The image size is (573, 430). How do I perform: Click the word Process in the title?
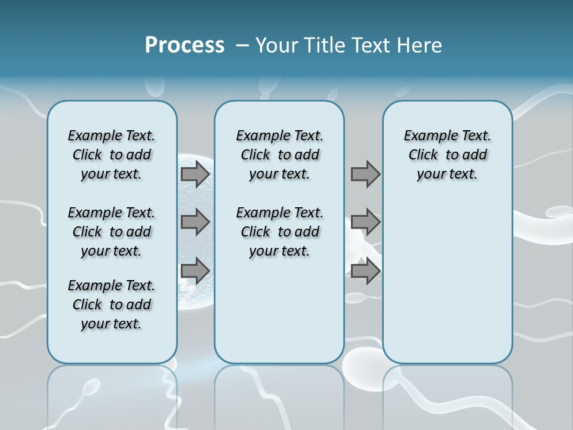click(184, 45)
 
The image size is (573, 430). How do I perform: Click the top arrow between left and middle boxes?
click(195, 174)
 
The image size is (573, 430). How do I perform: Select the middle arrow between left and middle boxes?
click(195, 222)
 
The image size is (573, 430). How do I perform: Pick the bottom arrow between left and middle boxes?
click(195, 271)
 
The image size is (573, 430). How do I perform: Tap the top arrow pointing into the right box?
click(365, 174)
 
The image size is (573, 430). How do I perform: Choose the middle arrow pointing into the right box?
click(365, 222)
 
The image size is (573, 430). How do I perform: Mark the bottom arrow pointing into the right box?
click(365, 271)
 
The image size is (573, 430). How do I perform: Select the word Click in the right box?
click(423, 155)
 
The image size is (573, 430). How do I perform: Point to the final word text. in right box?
click(464, 174)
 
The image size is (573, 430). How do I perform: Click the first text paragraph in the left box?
click(112, 155)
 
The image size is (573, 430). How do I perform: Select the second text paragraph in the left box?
click(112, 232)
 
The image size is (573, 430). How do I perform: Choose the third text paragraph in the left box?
click(112, 305)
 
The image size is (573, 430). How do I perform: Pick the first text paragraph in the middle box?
click(279, 155)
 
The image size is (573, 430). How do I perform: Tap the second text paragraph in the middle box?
click(279, 232)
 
